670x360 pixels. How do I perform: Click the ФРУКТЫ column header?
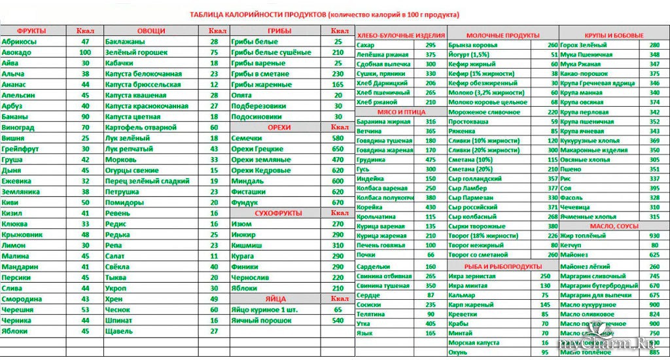click(x=31, y=31)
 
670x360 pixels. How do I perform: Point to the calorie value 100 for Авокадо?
click(x=85, y=52)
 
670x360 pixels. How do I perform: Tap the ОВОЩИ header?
click(x=151, y=31)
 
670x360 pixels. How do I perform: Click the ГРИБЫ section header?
click(x=279, y=31)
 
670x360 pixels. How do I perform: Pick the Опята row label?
click(x=242, y=95)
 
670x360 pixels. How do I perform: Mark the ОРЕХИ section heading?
click(x=279, y=127)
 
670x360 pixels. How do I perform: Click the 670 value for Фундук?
click(x=338, y=202)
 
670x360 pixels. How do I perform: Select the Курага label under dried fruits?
click(x=243, y=255)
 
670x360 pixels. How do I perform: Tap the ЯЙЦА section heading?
click(x=279, y=298)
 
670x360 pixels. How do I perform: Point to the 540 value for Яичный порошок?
click(x=338, y=320)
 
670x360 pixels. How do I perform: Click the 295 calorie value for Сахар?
click(x=431, y=45)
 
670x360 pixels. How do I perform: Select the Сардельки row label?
click(x=374, y=266)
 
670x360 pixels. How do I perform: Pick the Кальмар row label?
click(x=462, y=295)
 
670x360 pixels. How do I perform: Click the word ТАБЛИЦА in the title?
click(x=209, y=14)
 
